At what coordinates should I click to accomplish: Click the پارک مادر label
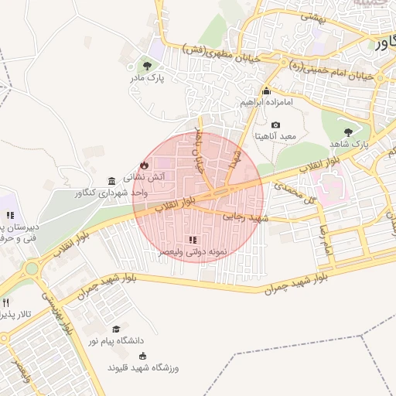point(147,78)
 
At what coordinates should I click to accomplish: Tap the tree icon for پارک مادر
point(147,67)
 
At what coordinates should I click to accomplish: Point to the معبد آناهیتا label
point(276,136)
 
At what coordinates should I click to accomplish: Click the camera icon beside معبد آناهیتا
point(276,125)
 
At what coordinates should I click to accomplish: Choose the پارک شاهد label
point(351,144)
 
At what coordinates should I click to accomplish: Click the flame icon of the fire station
point(144,165)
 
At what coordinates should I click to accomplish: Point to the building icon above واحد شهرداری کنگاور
point(112,179)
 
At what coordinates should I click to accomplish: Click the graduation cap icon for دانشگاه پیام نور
point(116,329)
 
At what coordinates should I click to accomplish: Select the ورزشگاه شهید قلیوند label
point(143,367)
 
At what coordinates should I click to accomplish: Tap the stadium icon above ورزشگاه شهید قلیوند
point(142,356)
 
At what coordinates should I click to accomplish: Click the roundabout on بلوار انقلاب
point(32,268)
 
